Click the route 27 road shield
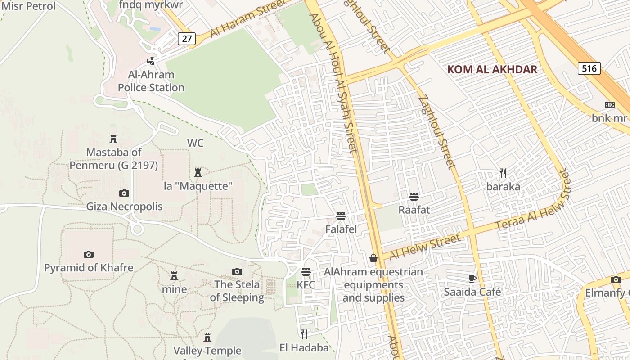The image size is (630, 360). (x=187, y=39)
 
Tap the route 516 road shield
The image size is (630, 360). (x=589, y=68)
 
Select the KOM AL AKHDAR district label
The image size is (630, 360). (x=492, y=69)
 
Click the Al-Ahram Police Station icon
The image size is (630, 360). (x=152, y=61)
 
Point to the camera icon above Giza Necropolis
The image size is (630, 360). (x=124, y=193)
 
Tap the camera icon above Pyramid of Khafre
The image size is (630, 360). (x=89, y=254)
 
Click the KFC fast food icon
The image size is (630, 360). (x=306, y=272)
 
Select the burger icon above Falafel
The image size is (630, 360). (x=341, y=216)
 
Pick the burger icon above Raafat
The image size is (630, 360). (x=414, y=197)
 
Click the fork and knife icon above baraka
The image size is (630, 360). (x=503, y=173)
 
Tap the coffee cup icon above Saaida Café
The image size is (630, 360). (x=472, y=279)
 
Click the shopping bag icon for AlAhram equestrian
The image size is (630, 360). (x=373, y=258)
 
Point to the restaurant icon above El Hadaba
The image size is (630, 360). (x=305, y=334)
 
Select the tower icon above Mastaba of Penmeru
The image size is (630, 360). (x=113, y=139)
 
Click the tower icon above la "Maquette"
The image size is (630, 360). (x=198, y=172)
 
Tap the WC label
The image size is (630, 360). (x=195, y=143)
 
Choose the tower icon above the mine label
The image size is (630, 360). (x=174, y=275)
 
